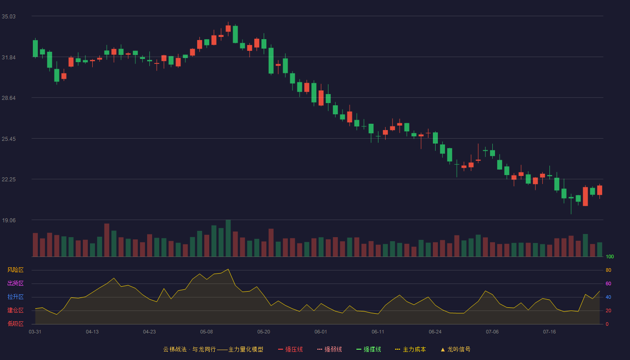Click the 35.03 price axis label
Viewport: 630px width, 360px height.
9,17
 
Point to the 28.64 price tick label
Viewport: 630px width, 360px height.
9,98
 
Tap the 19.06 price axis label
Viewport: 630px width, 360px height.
9,220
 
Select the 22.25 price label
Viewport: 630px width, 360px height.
9,180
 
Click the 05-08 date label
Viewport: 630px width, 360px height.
207,332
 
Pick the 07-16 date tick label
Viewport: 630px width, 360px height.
549,332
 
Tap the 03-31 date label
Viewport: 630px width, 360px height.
35,332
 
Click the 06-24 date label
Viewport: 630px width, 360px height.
435,332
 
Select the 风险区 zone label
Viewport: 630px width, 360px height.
15,270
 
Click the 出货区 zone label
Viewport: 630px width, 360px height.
15,283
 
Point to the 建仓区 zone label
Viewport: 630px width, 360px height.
15,310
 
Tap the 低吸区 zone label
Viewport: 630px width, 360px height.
15,324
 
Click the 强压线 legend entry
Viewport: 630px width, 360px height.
290,349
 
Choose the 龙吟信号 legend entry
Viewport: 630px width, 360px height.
455,349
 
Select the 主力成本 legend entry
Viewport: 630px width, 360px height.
410,349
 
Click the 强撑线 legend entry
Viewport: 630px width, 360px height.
369,349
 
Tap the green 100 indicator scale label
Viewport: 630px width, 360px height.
610,256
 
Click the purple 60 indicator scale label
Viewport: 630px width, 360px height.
608,283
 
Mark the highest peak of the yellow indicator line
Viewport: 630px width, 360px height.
228,269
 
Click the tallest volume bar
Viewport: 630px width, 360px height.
228,238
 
